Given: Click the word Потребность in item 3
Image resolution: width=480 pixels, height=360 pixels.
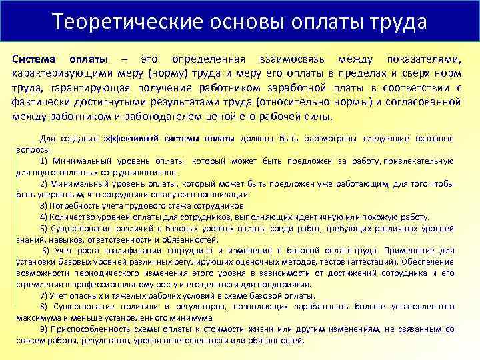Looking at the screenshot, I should [x=73, y=205].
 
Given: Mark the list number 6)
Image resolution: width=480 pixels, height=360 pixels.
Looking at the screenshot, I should [x=46, y=250].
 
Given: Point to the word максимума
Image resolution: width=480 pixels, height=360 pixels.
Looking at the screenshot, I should [x=37, y=317].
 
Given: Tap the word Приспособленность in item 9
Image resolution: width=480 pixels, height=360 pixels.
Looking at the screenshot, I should [x=89, y=329].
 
